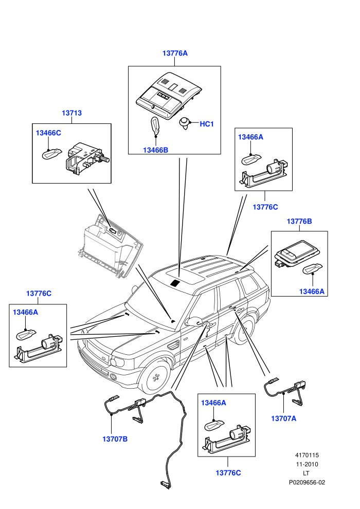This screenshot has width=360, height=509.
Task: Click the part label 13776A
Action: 175,53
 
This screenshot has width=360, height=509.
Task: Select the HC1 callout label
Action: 207,124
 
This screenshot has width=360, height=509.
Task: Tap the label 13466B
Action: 155,150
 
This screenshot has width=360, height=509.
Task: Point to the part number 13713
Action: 71,113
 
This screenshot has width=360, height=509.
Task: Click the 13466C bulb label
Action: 48,133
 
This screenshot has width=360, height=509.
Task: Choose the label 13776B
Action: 299,222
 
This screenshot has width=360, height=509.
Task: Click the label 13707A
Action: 284,419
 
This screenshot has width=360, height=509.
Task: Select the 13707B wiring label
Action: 115,439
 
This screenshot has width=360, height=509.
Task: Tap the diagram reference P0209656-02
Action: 307,482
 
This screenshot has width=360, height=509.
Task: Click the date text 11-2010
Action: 307,464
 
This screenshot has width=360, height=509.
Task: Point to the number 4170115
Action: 307,455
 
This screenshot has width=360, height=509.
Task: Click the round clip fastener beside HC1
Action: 185,123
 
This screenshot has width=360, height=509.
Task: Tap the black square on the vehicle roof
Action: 175,282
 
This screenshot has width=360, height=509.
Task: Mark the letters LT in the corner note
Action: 306,474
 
